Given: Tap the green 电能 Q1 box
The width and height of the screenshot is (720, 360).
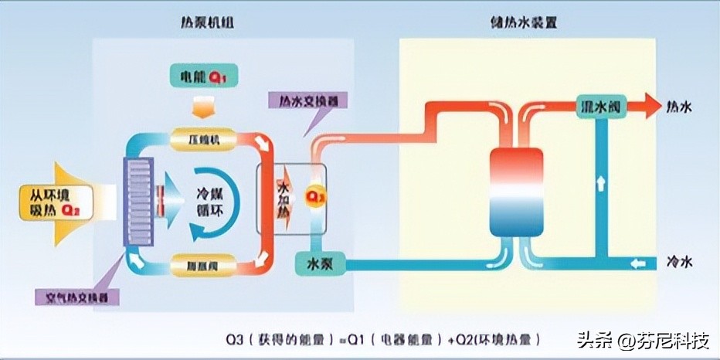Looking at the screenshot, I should click(x=202, y=76).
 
